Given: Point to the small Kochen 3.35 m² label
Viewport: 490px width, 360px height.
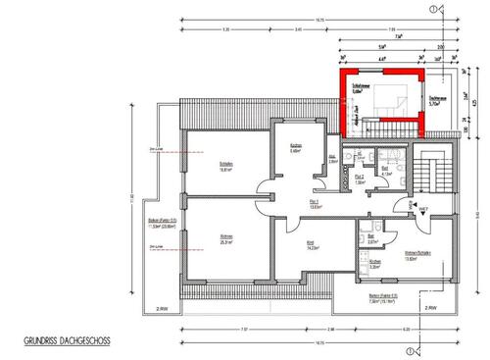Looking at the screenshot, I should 374,263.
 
